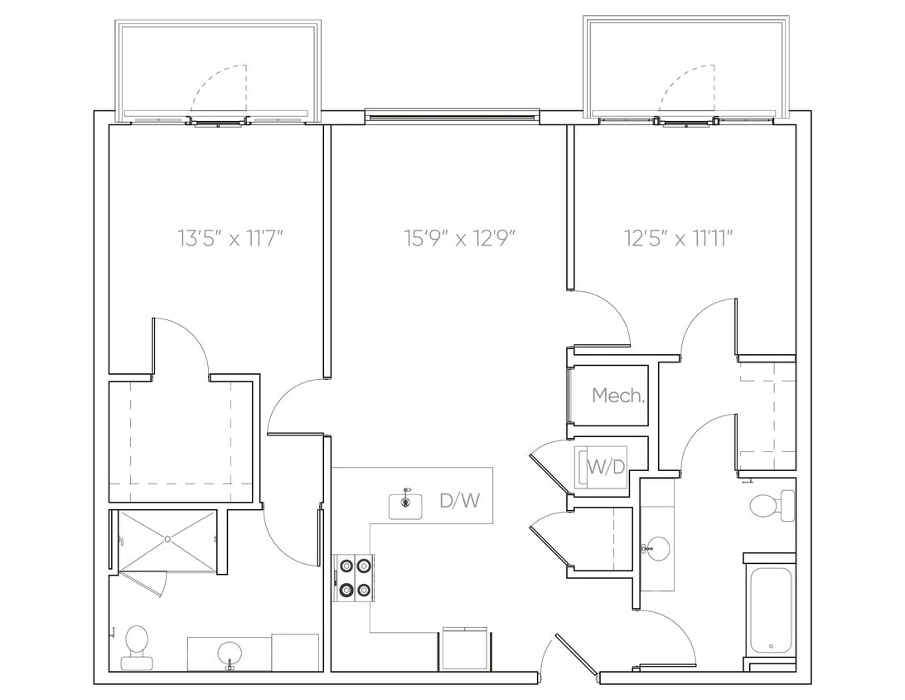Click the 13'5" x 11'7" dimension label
[x=231, y=239]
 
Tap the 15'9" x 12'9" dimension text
[x=460, y=239]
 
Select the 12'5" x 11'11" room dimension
[x=680, y=239]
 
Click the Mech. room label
[x=618, y=396]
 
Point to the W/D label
[x=606, y=467]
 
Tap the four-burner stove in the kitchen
[x=353, y=578]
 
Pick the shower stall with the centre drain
[x=167, y=539]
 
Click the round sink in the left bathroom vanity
[x=230, y=654]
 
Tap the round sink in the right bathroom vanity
[x=657, y=548]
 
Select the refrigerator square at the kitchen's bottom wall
[x=465, y=649]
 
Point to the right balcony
[x=685, y=70]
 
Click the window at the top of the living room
[x=452, y=115]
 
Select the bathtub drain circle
[x=771, y=646]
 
